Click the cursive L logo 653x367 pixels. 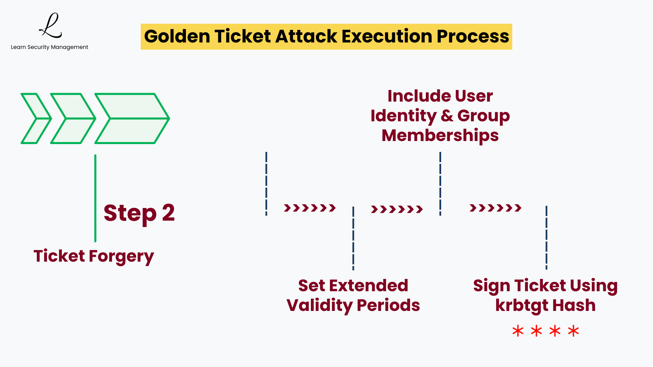click(51, 26)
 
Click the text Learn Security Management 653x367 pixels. click(49, 47)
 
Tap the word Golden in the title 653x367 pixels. click(177, 36)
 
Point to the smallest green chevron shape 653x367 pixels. click(36, 118)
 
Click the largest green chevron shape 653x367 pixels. click(132, 118)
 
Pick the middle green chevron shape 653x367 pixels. click(73, 118)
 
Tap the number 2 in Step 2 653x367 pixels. click(168, 213)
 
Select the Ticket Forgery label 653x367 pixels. click(94, 256)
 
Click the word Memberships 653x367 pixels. click(440, 136)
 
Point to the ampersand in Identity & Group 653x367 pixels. click(447, 116)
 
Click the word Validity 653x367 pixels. click(319, 305)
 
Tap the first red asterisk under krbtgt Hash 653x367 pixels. click(518, 331)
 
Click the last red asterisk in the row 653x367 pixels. click(573, 331)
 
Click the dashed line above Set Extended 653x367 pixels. click(353, 238)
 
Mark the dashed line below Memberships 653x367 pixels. click(440, 183)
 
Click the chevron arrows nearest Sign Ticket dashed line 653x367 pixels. click(495, 208)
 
